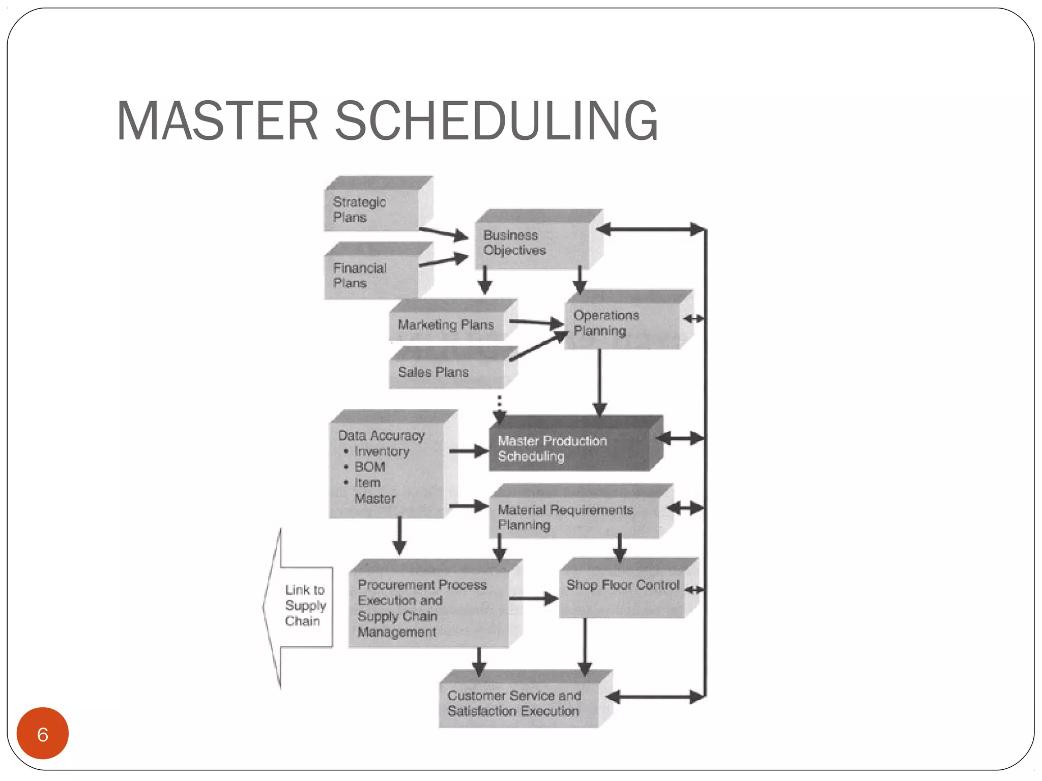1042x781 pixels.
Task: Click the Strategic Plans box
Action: tap(371, 209)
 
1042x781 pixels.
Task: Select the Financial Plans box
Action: tap(371, 276)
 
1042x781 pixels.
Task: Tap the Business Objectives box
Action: tap(532, 243)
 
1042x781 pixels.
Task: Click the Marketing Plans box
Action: tap(446, 324)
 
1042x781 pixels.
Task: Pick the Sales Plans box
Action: tap(446, 372)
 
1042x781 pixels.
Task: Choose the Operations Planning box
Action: tap(622, 323)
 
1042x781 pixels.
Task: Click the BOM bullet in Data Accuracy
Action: tap(369, 467)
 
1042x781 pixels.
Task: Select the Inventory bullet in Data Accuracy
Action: tap(382, 452)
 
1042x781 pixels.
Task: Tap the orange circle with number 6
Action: tap(43, 734)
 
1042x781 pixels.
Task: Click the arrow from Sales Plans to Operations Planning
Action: tap(538, 346)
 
